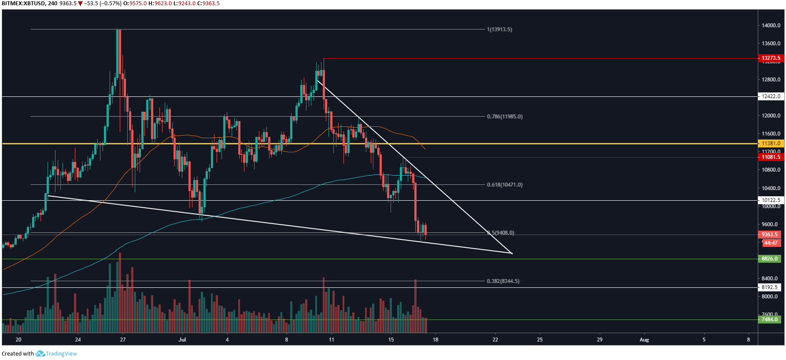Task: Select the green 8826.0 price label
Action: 770,259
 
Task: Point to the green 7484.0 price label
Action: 770,320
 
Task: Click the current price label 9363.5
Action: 770,235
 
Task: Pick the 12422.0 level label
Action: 771,96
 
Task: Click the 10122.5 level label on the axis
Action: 771,200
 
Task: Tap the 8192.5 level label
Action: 770,287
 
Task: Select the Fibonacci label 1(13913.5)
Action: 499,29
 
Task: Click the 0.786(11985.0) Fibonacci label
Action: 505,117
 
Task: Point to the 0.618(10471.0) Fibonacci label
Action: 505,185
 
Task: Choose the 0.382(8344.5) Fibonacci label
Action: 503,281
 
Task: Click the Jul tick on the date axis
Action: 182,340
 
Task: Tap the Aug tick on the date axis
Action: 644,340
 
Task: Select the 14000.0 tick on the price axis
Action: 771,26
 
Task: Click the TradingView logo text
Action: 61,354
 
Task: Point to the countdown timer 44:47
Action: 771,243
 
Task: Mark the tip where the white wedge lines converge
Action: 512,253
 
